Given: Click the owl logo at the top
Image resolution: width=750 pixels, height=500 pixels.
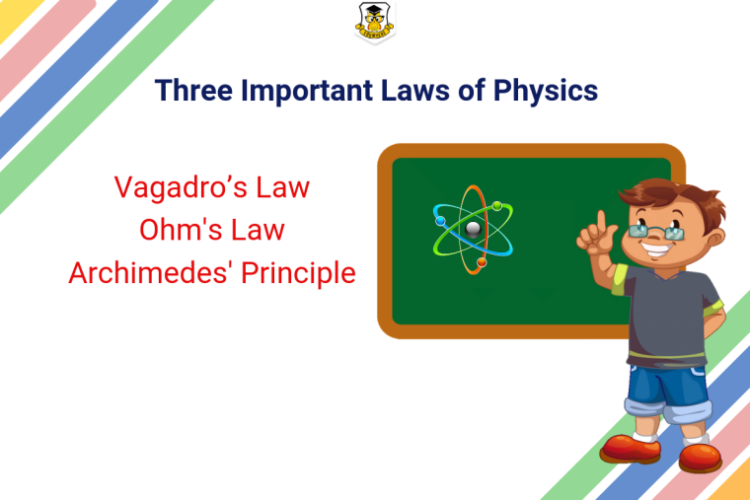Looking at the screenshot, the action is pos(375,22).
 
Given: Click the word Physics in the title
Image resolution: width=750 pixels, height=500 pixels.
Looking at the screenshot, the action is pos(546,91).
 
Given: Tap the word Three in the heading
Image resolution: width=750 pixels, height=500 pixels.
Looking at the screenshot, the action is pos(193,90).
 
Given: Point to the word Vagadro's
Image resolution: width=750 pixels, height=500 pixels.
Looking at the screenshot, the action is pos(181,187).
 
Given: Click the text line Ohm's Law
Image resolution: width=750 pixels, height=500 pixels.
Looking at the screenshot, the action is pos(212,230).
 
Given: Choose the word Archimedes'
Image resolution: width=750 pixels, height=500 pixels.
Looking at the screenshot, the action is pos(151,273).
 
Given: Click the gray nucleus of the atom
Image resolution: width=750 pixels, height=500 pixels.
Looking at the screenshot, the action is pos(473,230).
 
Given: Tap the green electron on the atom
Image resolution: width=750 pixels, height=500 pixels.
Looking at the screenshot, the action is pos(497,206).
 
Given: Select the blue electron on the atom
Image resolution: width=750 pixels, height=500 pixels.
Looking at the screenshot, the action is pos(440,221).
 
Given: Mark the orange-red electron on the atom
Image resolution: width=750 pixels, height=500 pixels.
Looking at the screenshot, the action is pos(482,262).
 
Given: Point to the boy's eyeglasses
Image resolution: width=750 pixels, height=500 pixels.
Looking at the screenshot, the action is pos(656,233).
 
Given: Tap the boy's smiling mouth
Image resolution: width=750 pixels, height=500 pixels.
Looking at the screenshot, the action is pos(656,250).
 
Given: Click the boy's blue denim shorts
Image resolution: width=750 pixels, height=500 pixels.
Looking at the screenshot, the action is pos(669,393).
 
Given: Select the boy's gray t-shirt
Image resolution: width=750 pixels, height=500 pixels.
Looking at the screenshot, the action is pos(667,316).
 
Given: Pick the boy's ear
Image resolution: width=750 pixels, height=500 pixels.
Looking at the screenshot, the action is pos(715,238).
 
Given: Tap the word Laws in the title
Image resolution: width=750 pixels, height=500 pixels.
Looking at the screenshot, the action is pos(415,90).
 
